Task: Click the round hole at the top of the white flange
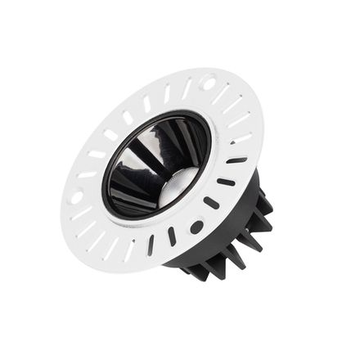[208, 83]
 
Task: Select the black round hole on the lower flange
[196, 227]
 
